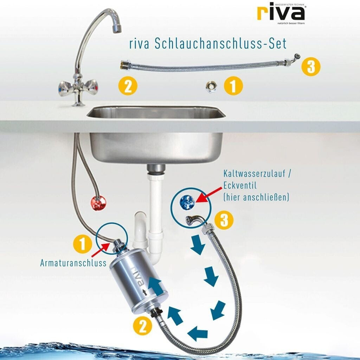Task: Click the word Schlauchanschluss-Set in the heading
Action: coord(220,43)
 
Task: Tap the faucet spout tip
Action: coord(117,28)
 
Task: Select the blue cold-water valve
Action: coord(187,202)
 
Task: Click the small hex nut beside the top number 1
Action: coord(211,87)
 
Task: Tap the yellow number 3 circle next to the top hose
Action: coord(311,67)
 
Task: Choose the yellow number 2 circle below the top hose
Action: coord(128,86)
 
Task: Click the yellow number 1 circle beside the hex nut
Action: coord(233,86)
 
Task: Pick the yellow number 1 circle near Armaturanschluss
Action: coord(83,244)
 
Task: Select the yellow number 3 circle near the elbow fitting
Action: coord(224,220)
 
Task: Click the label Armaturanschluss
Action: coord(73,263)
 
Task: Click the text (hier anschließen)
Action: coord(256,197)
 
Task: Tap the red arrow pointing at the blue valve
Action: coord(209,195)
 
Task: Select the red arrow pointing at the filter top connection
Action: coord(101,250)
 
